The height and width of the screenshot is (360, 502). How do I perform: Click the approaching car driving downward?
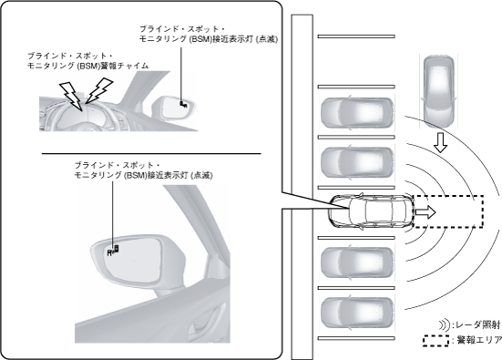438,90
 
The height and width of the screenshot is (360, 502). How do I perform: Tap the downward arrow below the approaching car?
441,142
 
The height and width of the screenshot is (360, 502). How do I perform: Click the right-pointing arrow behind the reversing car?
425,212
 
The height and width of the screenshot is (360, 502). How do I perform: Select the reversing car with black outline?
371,211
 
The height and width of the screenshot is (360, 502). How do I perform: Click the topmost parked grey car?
357,113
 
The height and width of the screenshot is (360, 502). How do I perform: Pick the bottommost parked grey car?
357,313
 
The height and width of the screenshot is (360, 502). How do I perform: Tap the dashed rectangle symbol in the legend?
435,341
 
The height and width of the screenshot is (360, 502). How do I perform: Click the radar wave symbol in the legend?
444,324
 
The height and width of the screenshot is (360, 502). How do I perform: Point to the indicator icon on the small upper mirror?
183,104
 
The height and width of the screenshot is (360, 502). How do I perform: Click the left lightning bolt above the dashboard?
72,95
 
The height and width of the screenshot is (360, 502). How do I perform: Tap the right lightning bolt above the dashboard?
99,90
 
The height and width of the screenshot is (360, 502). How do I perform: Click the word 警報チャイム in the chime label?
124,66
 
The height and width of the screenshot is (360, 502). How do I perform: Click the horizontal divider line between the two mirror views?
151,154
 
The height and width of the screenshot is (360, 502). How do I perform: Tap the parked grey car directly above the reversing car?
357,162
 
